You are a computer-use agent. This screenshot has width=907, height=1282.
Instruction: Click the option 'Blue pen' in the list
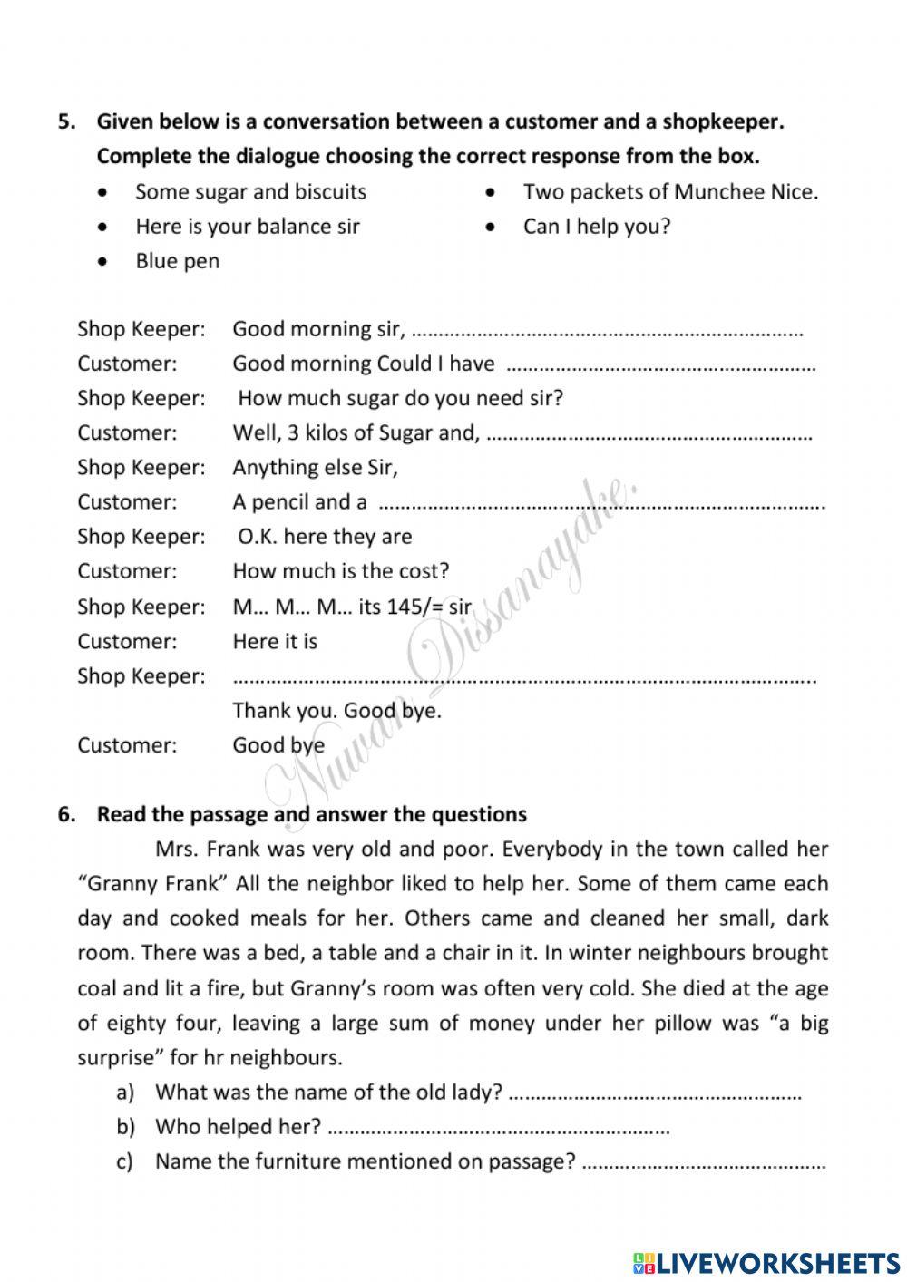pos(177,261)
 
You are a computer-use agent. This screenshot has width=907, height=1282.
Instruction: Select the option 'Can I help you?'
pos(596,226)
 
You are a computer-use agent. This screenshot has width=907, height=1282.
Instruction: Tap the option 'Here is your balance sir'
pos(247,226)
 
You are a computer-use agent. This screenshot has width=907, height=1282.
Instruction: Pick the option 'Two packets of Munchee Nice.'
pos(670,191)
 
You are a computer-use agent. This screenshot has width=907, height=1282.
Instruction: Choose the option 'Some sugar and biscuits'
pos(250,191)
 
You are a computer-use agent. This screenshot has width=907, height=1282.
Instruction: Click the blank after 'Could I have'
pos(659,366)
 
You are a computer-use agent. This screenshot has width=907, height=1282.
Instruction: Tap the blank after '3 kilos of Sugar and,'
pos(649,435)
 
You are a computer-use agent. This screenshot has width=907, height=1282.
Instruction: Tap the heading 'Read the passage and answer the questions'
pos(311,814)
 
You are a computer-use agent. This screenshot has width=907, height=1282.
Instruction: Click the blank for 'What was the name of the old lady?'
pos(655,1094)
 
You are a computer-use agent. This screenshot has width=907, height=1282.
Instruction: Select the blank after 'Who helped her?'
pos(497,1130)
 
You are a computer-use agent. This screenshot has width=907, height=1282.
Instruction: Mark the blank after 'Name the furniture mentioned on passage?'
pos(703,1164)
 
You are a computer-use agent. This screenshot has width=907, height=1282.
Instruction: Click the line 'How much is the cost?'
pos(340,571)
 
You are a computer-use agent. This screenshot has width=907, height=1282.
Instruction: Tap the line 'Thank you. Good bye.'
pos(336,710)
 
